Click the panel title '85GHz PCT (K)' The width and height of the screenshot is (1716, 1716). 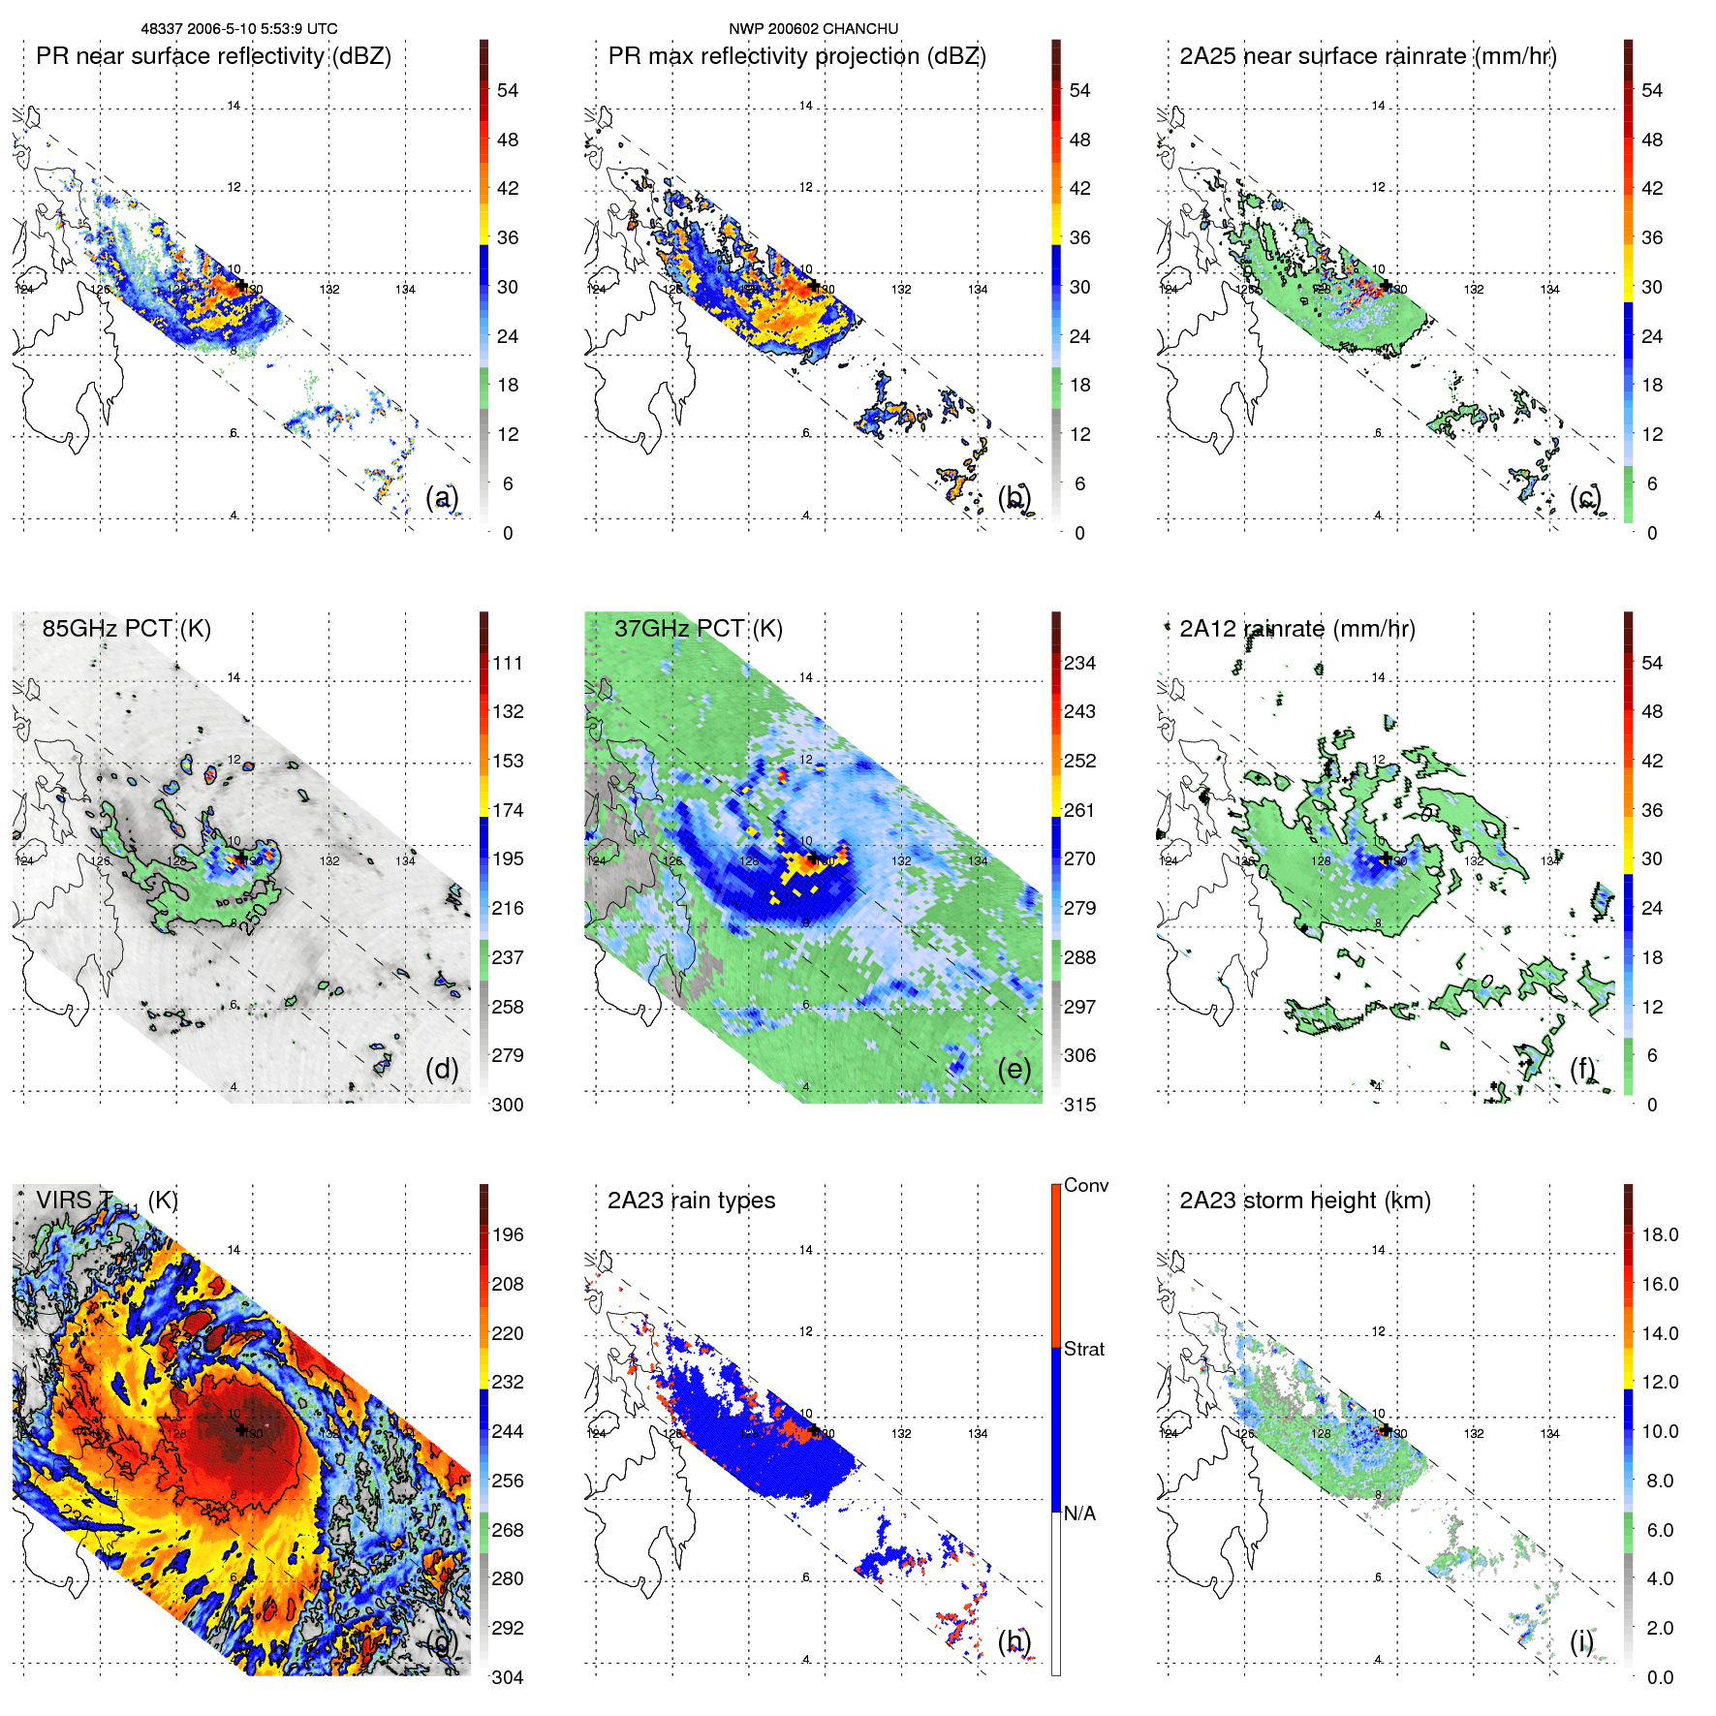tap(126, 629)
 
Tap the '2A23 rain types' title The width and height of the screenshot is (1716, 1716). tap(691, 1201)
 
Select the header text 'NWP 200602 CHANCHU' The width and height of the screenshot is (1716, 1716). tap(813, 29)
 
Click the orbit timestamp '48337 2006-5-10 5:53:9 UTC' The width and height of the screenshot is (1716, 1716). tap(239, 29)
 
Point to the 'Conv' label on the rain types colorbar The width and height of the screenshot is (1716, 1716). tap(1085, 1185)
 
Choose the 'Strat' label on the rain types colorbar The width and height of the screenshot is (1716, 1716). tap(1083, 1349)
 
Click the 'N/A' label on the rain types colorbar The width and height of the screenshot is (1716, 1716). tap(1079, 1513)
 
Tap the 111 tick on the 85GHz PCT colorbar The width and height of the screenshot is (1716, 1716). tap(508, 663)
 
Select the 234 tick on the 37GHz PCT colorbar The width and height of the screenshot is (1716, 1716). tap(1079, 663)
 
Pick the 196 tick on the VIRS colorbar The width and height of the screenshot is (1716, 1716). tap(508, 1234)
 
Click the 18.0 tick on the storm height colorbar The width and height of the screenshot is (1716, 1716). tap(1659, 1234)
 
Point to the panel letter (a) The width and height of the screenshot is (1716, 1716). tap(442, 498)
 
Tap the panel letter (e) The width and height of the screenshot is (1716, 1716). tap(1014, 1069)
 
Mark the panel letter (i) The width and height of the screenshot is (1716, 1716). tap(1581, 1641)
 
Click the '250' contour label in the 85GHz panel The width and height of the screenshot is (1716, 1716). tap(254, 919)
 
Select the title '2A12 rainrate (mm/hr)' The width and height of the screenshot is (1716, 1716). tap(1296, 629)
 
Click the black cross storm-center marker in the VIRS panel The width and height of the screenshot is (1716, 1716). tap(241, 1429)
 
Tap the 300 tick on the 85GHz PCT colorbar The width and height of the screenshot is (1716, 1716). tap(508, 1105)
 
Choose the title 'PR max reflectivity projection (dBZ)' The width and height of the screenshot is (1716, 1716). tap(796, 56)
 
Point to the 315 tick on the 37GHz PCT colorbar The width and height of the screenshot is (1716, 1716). tap(1079, 1105)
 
